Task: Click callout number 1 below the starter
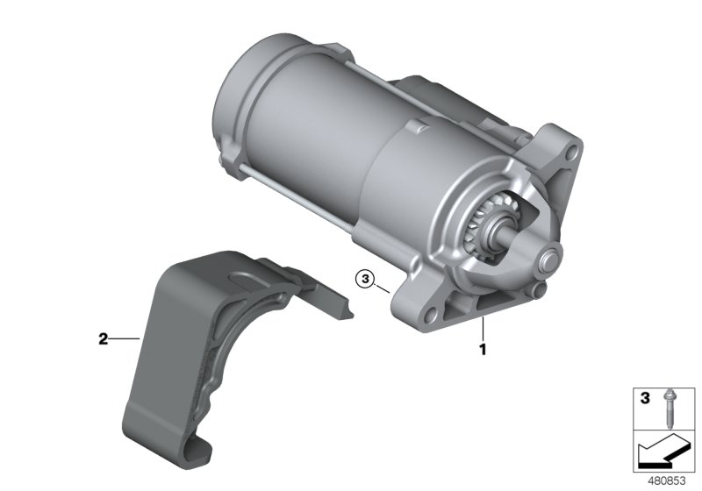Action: [x=483, y=349]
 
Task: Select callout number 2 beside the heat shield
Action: [x=103, y=339]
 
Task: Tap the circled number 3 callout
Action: [x=365, y=280]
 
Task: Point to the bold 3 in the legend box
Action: [x=645, y=398]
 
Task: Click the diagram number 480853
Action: [x=667, y=481]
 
